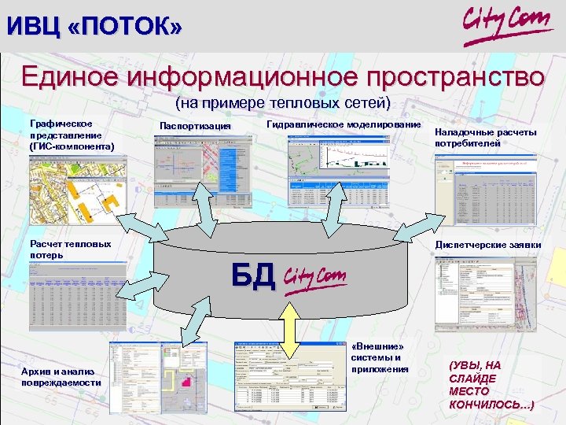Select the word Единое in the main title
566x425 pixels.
click(x=68, y=77)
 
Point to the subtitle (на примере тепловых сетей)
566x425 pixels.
click(x=282, y=103)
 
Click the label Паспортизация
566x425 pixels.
click(x=195, y=127)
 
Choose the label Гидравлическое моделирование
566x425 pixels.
click(x=344, y=125)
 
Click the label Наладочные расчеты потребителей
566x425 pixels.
click(x=485, y=138)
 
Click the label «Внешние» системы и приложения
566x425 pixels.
click(x=380, y=357)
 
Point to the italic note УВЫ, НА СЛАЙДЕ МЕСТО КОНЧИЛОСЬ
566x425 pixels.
click(x=490, y=385)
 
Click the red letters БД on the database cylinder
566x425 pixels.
click(x=252, y=275)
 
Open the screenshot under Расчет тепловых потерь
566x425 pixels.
click(x=78, y=295)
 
